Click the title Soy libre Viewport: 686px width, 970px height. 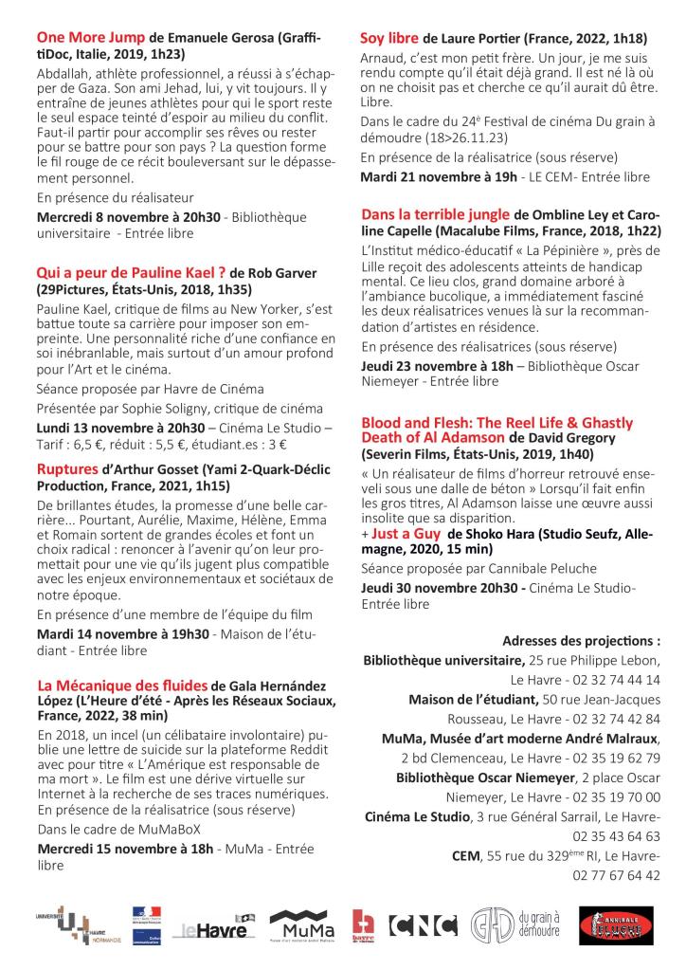coord(389,38)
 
